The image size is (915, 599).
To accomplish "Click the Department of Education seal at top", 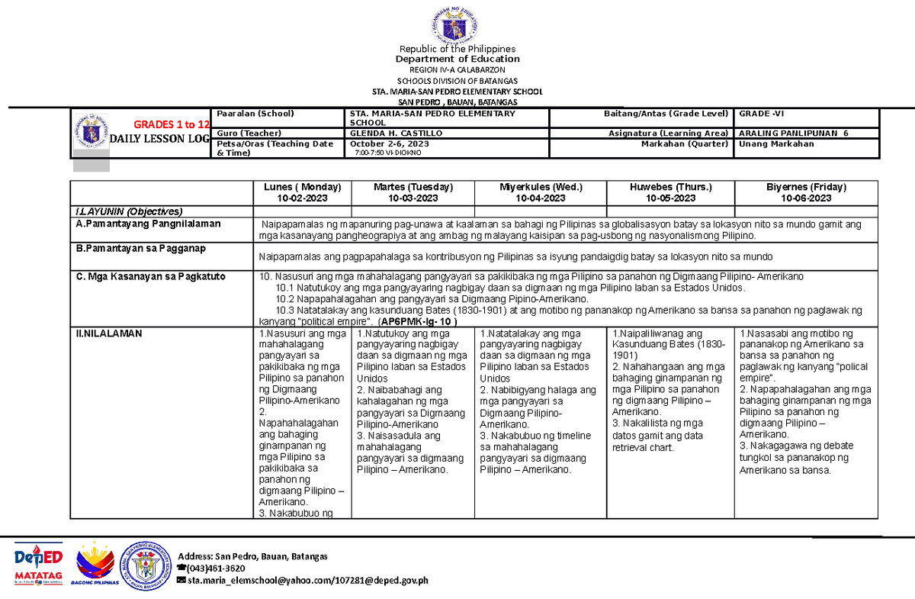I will coord(457,21).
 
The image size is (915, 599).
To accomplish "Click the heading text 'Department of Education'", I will coord(457,59).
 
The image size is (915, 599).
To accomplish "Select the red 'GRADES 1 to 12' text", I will coord(172,124).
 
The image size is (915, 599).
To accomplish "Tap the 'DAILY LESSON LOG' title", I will coord(159,138).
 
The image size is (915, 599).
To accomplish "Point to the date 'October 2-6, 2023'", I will coord(385,143).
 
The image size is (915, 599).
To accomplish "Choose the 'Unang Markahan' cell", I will coord(772,143).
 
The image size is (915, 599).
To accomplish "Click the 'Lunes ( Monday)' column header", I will coord(302,187).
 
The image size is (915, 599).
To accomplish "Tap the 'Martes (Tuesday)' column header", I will coord(413,187).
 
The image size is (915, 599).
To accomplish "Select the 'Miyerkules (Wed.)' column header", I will coord(541,187).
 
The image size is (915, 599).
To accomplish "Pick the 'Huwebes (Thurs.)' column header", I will coord(670,187).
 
